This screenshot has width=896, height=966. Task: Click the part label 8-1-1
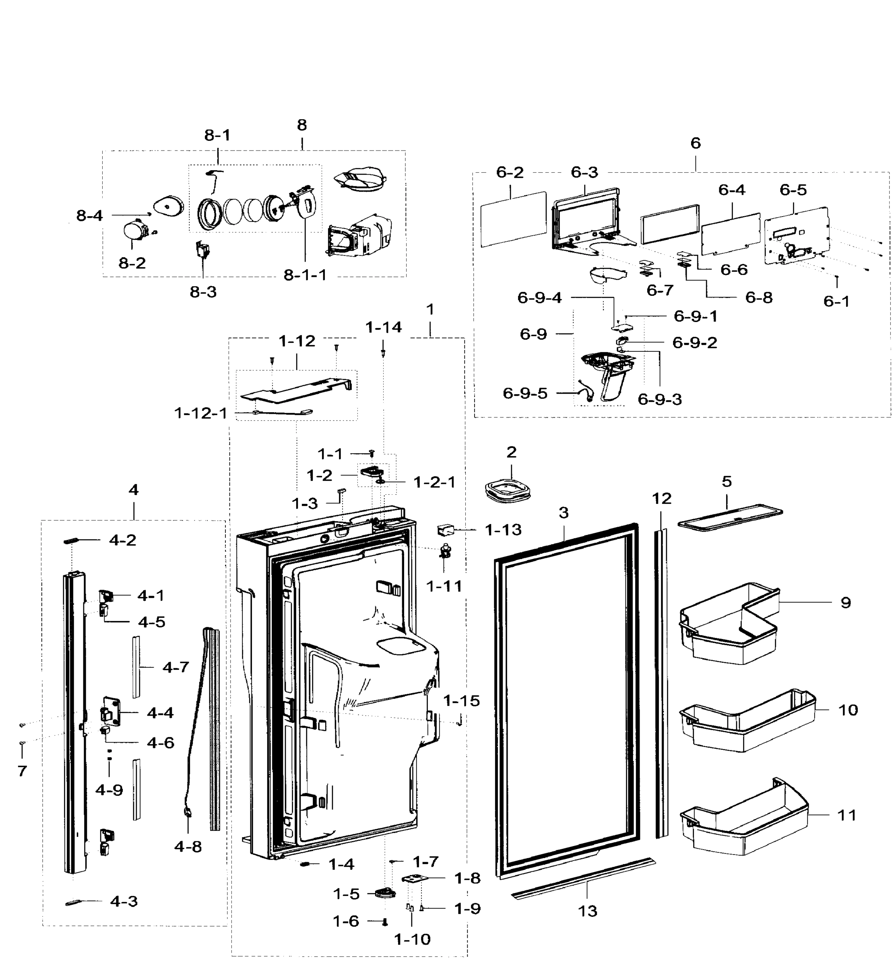tap(305, 275)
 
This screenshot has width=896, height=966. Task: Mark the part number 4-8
tap(188, 847)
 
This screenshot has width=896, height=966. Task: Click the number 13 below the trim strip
tap(587, 911)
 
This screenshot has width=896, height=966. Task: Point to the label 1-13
tap(503, 530)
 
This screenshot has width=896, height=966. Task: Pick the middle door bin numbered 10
tap(747, 721)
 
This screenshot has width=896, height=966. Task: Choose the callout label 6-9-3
tap(659, 399)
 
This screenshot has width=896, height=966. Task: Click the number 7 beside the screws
tap(22, 771)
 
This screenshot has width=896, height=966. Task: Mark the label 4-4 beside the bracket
tap(160, 713)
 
